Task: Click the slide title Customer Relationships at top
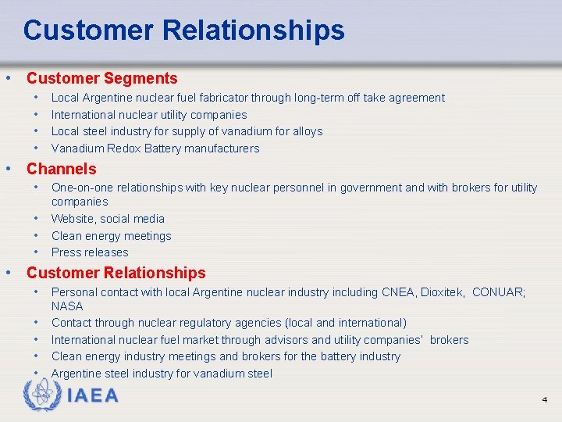(183, 30)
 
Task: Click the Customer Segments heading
(102, 78)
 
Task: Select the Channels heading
(62, 169)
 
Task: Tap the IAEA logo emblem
(41, 395)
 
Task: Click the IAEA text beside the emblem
(93, 395)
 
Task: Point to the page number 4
(545, 400)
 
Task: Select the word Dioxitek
(441, 292)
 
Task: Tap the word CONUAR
(497, 292)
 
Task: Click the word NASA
(67, 306)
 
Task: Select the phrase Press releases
(90, 252)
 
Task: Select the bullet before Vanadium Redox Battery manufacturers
(37, 148)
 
